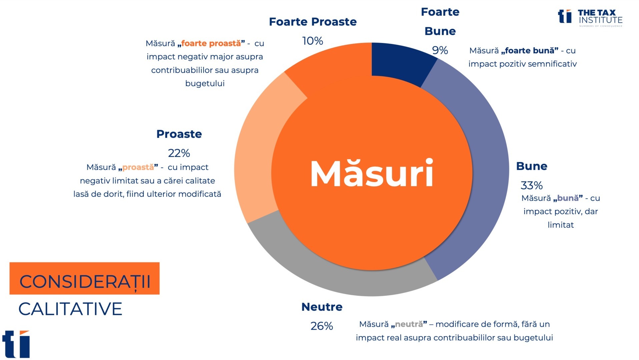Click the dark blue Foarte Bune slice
400,62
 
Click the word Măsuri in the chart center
372,173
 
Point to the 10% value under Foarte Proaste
312,41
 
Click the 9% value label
440,50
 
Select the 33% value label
532,185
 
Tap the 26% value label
322,326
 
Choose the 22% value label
179,153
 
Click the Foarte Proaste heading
313,22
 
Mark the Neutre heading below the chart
322,307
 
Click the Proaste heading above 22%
179,134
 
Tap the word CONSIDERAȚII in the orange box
85,282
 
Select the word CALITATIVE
70,309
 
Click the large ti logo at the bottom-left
16,344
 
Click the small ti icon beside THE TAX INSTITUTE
565,16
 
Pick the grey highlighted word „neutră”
409,324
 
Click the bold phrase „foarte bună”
530,51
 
